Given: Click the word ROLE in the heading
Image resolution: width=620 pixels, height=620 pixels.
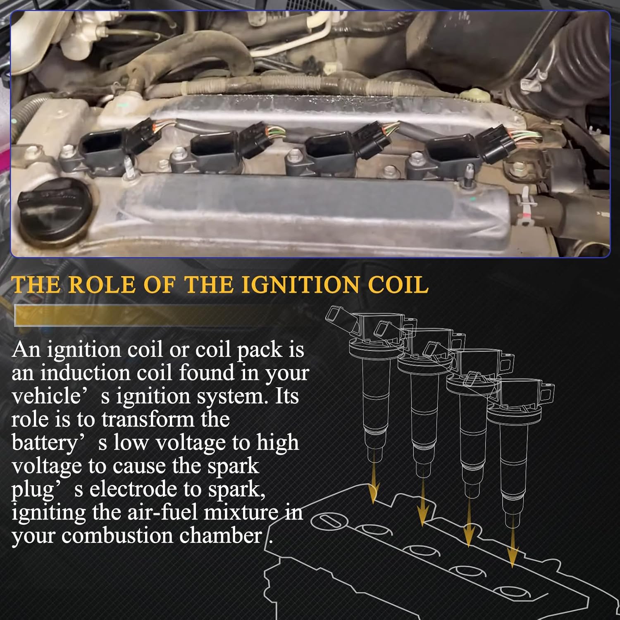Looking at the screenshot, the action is (102, 285).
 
